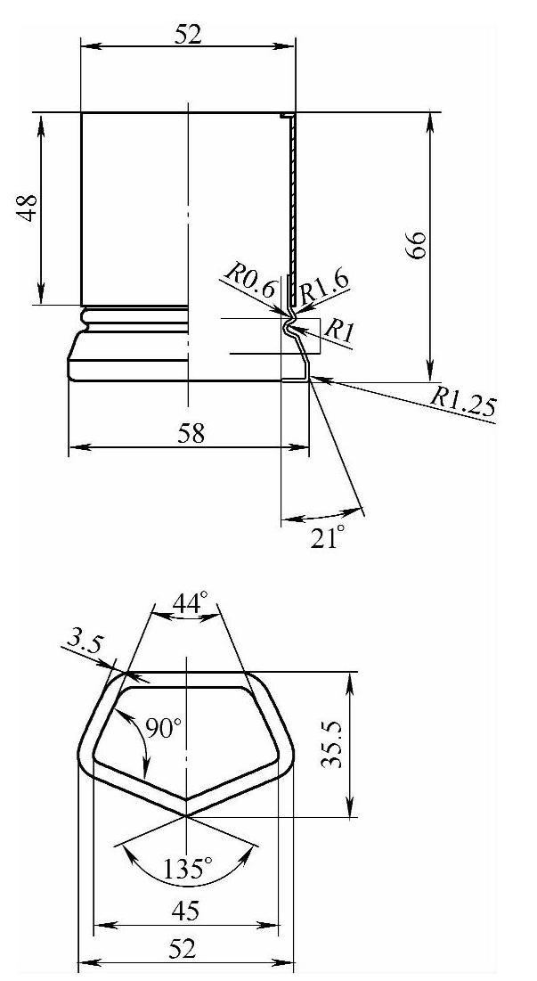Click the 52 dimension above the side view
188,35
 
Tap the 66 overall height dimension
416,245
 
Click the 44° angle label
190,604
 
